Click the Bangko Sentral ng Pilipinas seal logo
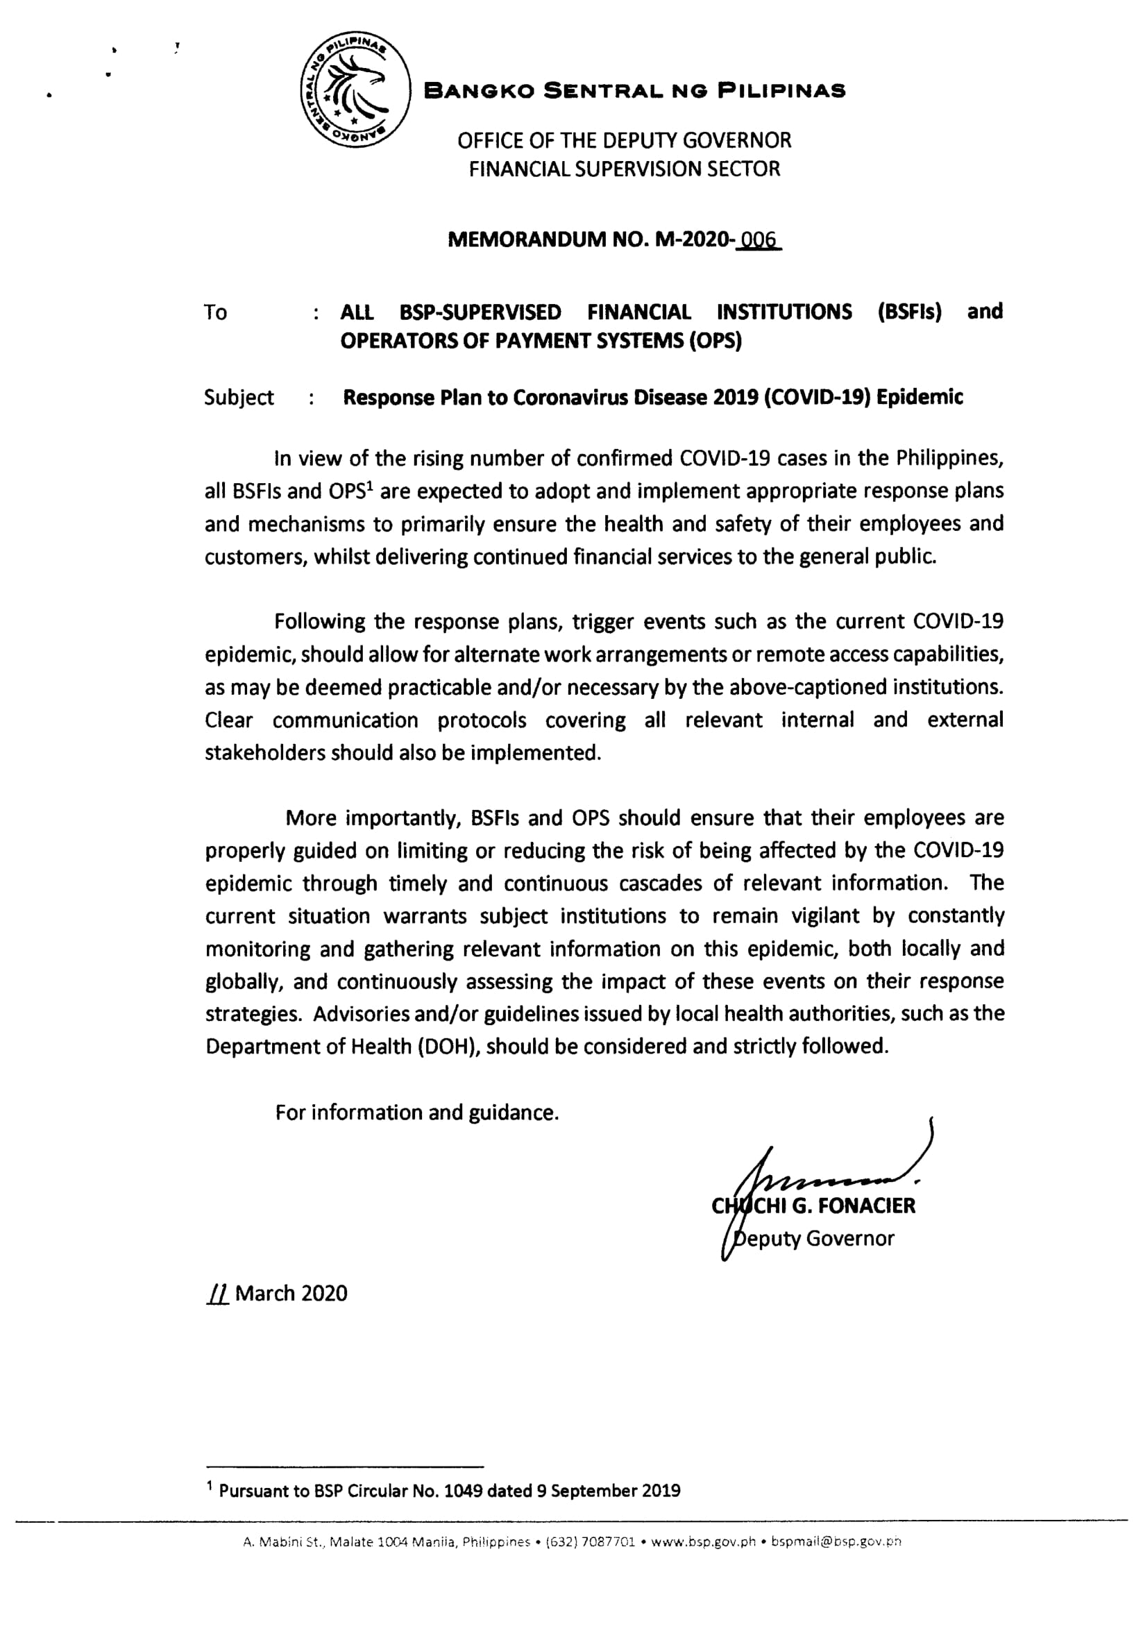point(355,90)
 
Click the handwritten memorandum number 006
point(759,241)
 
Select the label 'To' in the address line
point(215,312)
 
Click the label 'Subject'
point(239,397)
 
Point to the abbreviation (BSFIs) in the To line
point(909,312)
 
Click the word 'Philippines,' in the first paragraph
point(949,458)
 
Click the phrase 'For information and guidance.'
point(417,1113)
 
